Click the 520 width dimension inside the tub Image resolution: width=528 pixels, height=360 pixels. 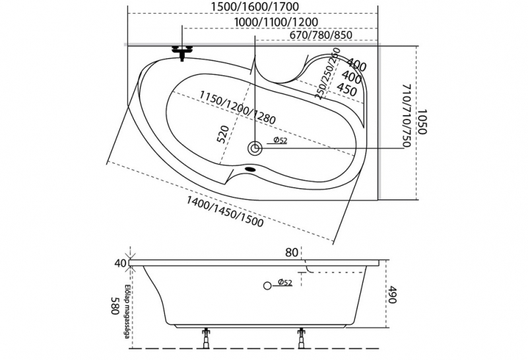point(222,134)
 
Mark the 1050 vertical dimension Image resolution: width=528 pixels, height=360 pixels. point(423,122)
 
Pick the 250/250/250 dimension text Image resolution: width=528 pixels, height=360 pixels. point(328,73)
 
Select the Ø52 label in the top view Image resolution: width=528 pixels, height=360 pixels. point(279,140)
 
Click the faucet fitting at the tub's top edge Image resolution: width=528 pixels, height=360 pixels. point(182,52)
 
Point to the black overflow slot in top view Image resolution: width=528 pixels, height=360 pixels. point(251,167)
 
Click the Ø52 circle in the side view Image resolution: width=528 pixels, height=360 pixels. point(267,285)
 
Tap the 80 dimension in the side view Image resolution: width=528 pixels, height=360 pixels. point(292,252)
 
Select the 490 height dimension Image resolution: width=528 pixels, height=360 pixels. point(392,295)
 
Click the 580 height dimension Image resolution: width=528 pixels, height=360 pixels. point(114,305)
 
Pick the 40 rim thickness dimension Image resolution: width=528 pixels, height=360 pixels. point(119,263)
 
